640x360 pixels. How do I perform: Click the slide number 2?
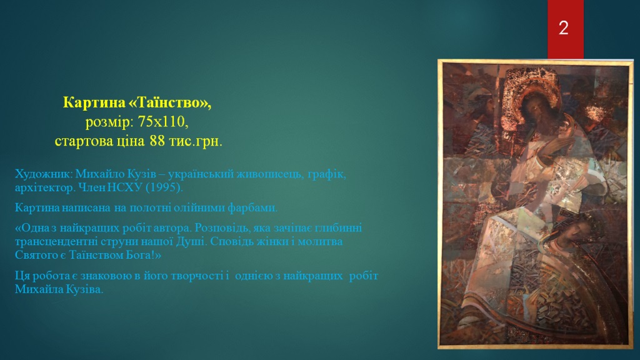[563, 27]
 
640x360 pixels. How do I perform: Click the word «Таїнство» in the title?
[170, 102]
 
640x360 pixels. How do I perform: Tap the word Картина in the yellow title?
[94, 102]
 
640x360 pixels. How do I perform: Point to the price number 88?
[157, 141]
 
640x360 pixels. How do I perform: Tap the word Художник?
[44, 174]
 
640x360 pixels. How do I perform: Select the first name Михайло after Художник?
[100, 174]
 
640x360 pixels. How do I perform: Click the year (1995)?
[164, 187]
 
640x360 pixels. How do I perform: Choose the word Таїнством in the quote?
[95, 256]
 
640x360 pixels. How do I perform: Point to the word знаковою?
[110, 276]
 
